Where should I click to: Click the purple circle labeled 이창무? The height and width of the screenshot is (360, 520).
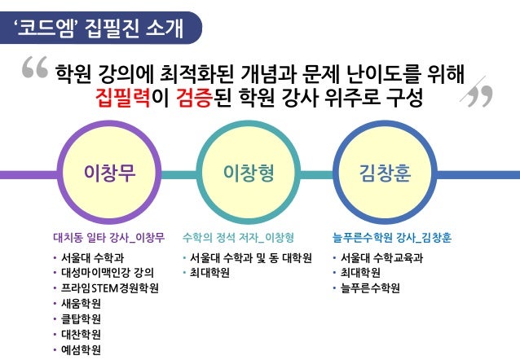tap(110, 173)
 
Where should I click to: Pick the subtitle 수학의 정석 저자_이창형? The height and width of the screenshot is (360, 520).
tap(238, 238)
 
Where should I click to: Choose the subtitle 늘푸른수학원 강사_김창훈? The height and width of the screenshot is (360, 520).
tap(392, 238)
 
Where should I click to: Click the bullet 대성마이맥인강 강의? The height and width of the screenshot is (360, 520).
tap(107, 273)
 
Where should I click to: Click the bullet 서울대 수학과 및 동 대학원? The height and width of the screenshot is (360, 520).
tap(250, 258)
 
